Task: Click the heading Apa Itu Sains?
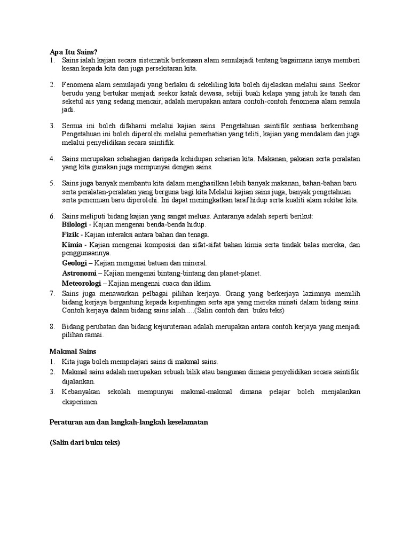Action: pos(74,52)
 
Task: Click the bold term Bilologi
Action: pos(74,225)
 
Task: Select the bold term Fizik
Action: pos(70,235)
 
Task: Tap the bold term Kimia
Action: pos(73,244)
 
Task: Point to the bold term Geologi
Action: pos(75,263)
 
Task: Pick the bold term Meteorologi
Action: pos(82,283)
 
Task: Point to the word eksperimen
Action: pos(81,402)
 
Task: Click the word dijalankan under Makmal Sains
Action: pos(78,381)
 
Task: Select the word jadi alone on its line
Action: pos(68,110)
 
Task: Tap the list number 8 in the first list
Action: pos(52,326)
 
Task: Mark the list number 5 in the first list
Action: pos(52,183)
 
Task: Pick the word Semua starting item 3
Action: pos(72,126)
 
